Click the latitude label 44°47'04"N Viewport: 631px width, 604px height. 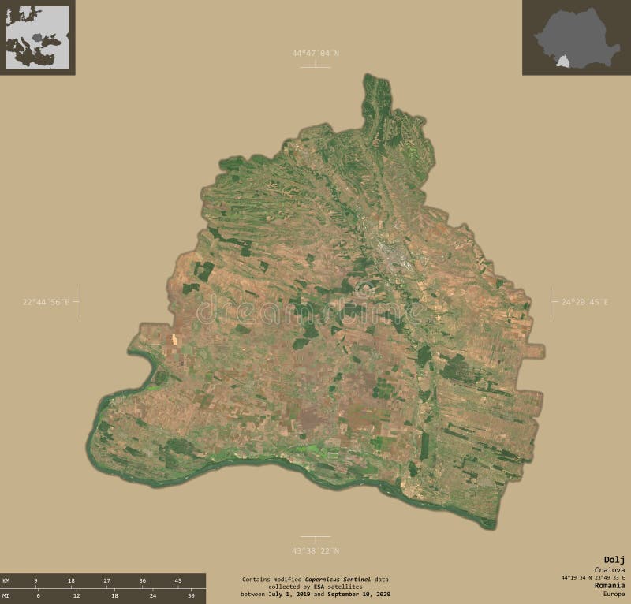(315, 53)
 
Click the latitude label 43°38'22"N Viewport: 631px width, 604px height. (315, 550)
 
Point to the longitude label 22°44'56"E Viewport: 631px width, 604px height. (46, 302)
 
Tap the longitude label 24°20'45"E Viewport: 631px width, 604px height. (584, 302)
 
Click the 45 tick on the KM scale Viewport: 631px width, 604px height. (177, 580)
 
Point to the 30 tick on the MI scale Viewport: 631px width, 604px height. (191, 595)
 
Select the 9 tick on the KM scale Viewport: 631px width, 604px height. (35, 580)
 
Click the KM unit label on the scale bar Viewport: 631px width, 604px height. (6, 580)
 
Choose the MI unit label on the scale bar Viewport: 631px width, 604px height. (6, 595)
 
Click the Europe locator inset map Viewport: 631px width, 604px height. (37, 37)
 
